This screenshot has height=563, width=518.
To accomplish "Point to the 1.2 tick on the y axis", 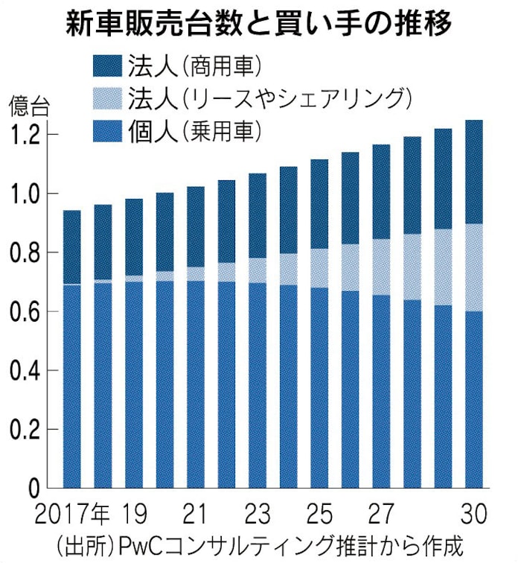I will tap(31, 135).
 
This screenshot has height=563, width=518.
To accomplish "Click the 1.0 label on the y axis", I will tap(31, 194).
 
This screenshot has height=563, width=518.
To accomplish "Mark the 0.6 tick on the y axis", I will tap(31, 311).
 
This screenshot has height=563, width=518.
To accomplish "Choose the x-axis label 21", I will tap(196, 514).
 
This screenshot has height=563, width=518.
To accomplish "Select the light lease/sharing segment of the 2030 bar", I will tap(473, 267).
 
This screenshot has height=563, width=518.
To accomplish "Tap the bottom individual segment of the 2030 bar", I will tap(473, 399).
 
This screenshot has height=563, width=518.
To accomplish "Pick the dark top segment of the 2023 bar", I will tap(258, 215).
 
